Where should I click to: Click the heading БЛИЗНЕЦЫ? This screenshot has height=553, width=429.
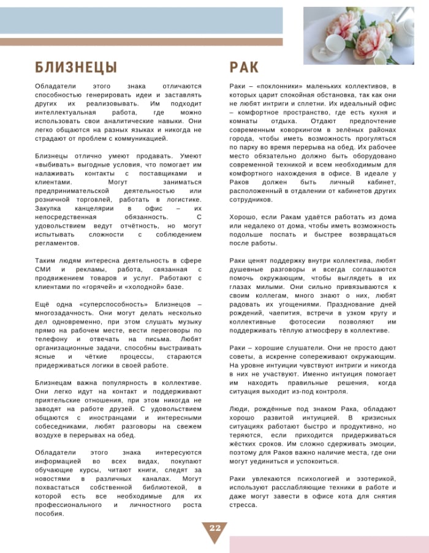(x=76, y=67)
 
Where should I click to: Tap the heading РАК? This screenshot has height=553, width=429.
(x=245, y=67)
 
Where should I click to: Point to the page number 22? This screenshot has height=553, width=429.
(x=214, y=529)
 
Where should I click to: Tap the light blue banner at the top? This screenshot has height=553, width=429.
(x=141, y=20)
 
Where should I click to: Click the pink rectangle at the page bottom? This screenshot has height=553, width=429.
(x=329, y=544)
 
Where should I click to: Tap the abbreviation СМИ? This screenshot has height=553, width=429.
(x=45, y=269)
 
